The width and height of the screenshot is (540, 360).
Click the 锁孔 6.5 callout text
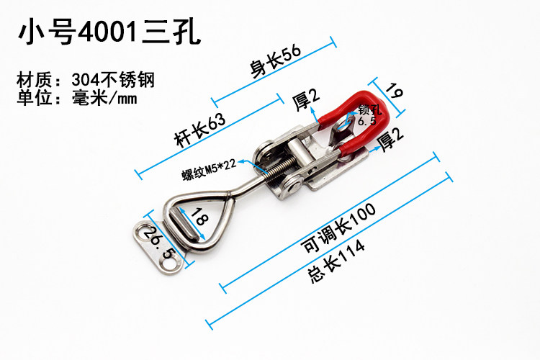[366, 114]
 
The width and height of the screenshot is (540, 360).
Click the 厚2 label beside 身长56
[307, 99]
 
